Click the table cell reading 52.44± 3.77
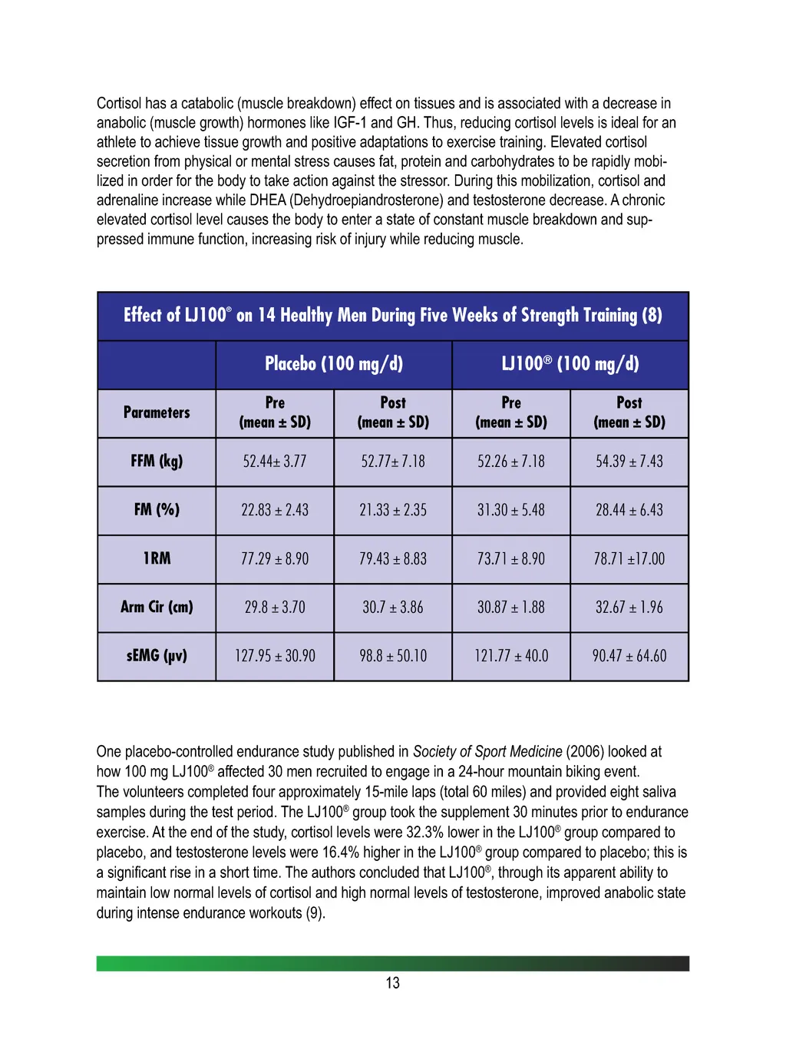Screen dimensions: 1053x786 (x=275, y=462)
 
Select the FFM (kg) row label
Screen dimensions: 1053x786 (x=157, y=462)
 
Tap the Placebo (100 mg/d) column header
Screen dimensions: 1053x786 (x=334, y=364)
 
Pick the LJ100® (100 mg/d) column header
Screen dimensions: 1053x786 (x=570, y=364)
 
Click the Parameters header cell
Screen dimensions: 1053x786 (x=157, y=412)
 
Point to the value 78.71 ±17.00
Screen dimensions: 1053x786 (x=629, y=559)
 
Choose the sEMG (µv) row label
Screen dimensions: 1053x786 (x=157, y=656)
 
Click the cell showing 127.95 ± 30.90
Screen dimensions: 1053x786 (x=275, y=656)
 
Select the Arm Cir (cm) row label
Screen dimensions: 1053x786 (x=157, y=608)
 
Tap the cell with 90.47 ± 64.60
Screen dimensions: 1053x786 (x=629, y=656)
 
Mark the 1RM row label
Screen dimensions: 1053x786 (x=157, y=559)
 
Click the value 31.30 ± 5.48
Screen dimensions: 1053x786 (x=511, y=510)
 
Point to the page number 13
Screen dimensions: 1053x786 (x=393, y=983)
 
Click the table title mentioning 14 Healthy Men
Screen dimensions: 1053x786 (x=393, y=316)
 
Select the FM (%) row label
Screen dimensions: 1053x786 (x=157, y=510)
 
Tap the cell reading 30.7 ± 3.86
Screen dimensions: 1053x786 (x=393, y=608)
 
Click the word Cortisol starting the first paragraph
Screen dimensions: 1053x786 (x=119, y=104)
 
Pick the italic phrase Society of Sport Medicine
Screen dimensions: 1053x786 (x=487, y=752)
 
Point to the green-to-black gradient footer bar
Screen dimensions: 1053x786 (x=393, y=963)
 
